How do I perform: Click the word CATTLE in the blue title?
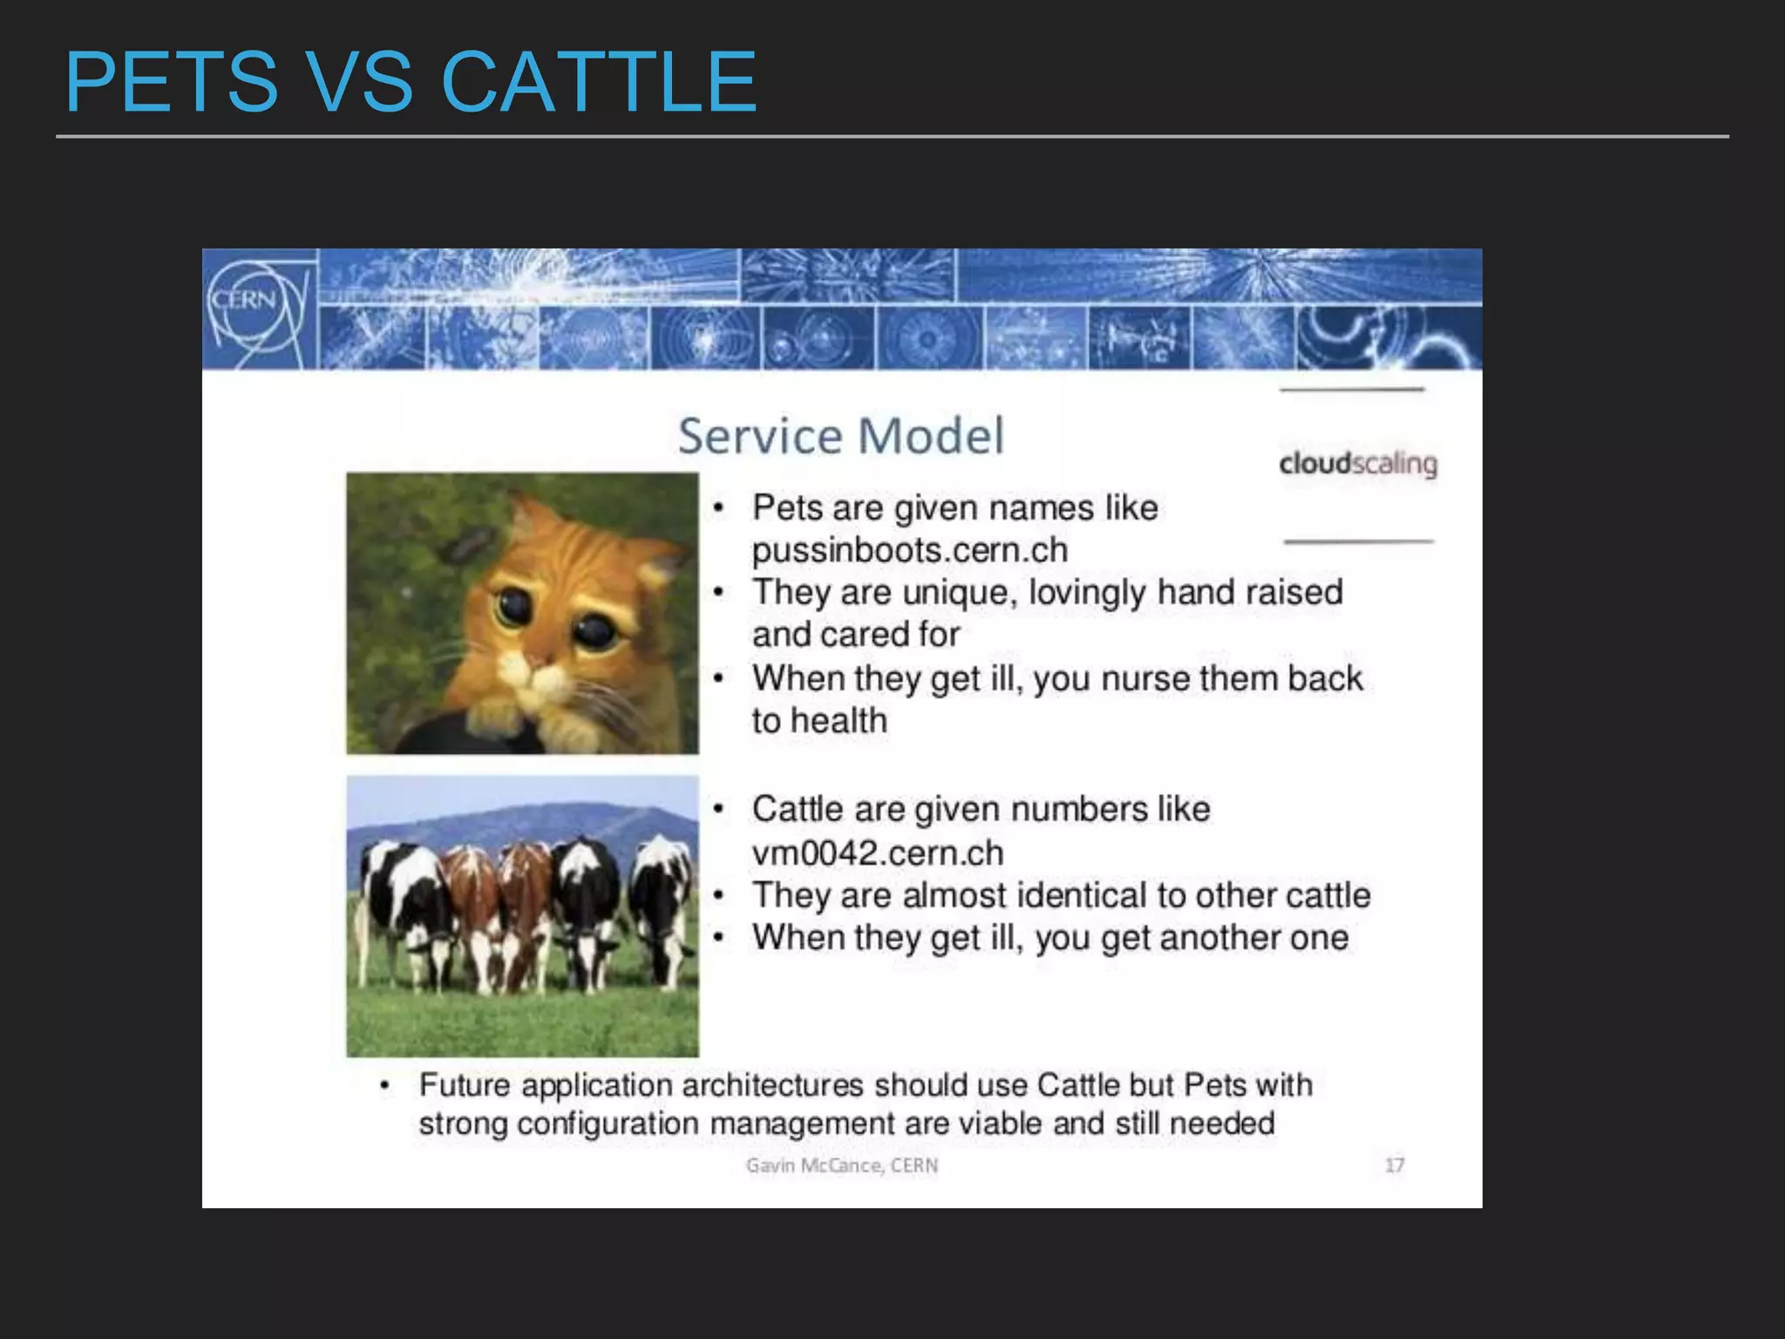[599, 82]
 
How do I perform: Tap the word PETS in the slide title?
[172, 82]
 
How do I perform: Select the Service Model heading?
[840, 436]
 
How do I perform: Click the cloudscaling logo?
[1357, 463]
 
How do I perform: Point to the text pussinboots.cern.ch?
[909, 550]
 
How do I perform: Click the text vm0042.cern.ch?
[877, 853]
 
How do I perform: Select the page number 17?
[1395, 1165]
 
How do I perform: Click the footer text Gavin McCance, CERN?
[841, 1166]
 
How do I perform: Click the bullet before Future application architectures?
[383, 1085]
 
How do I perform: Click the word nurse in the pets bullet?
[1144, 678]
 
